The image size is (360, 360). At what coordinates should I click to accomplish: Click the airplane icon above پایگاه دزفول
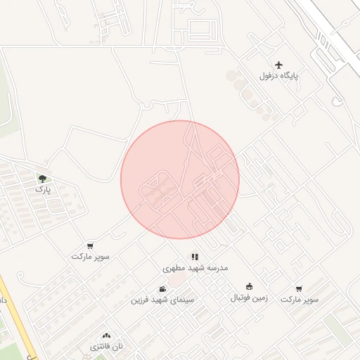coord(280,65)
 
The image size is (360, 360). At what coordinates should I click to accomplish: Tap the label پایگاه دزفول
coord(280,76)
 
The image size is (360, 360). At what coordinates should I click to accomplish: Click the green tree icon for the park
coord(43,179)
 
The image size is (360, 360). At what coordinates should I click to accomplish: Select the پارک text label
coord(43,190)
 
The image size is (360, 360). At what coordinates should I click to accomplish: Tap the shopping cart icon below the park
coord(90,245)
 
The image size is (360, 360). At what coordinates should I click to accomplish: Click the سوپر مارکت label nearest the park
coord(90,257)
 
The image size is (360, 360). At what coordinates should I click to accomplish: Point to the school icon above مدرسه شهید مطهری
coord(195,257)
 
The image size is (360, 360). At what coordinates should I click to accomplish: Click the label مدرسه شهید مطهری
coord(195,269)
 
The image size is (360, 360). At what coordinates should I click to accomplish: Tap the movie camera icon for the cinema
coord(162,288)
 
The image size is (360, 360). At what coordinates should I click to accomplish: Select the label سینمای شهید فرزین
coord(162,300)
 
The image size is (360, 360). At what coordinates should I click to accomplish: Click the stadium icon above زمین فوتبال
coord(249,286)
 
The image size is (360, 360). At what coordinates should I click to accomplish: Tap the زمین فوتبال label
coord(249,297)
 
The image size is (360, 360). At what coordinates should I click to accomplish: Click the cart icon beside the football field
coord(299,288)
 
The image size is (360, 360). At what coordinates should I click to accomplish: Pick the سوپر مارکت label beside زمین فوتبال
coord(300,300)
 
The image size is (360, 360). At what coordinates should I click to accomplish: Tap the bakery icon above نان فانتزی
coord(106,337)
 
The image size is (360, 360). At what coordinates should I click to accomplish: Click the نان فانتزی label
coord(106,347)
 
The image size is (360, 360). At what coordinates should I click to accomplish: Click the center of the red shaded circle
coord(180,180)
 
